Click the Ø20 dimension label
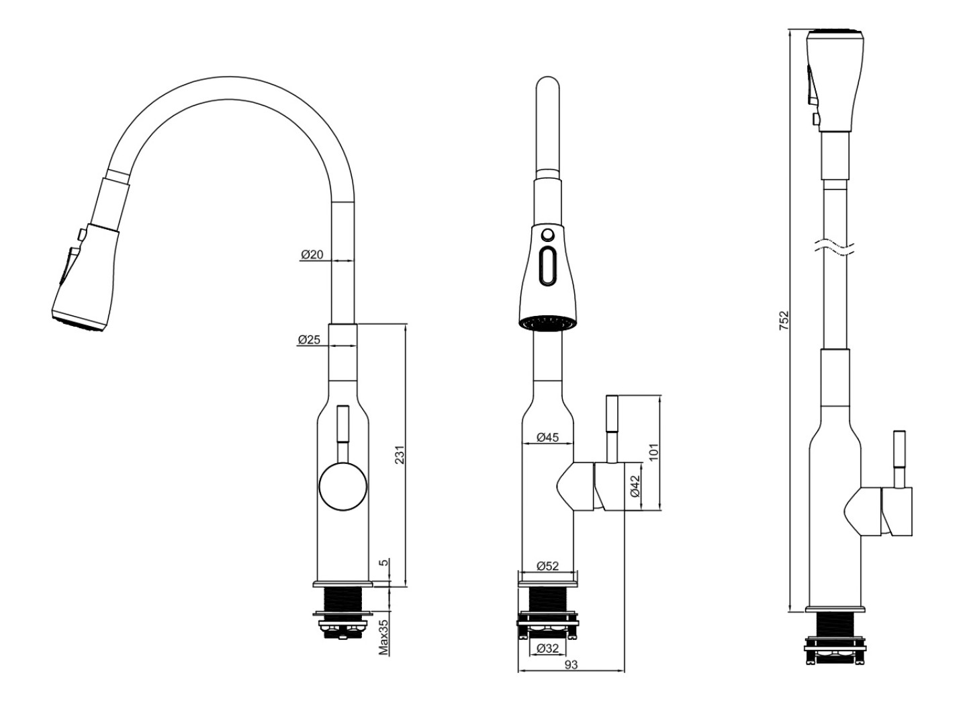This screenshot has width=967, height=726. pos(312,254)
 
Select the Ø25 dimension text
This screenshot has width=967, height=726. pos(309,339)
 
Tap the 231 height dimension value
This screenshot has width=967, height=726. pos(400,455)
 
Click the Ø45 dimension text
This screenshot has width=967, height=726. pos(547,437)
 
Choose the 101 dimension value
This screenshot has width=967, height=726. pos(653,452)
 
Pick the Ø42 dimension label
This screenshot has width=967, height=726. pos(635,486)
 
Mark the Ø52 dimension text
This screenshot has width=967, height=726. pos(547,565)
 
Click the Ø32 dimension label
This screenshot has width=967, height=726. pos(547,648)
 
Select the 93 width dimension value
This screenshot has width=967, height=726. pos(571,665)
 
